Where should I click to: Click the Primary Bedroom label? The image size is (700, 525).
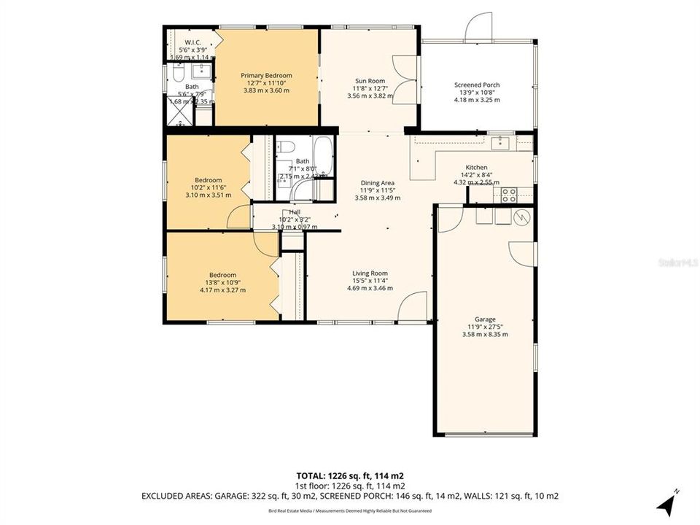pyautogui.click(x=266, y=76)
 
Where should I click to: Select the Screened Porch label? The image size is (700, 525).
pyautogui.click(x=477, y=85)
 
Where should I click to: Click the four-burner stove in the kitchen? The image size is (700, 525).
pyautogui.click(x=508, y=195)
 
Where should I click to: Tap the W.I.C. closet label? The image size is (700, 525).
pyautogui.click(x=193, y=42)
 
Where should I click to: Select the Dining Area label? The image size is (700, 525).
pyautogui.click(x=378, y=183)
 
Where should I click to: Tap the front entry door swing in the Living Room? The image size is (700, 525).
pyautogui.click(x=413, y=306)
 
